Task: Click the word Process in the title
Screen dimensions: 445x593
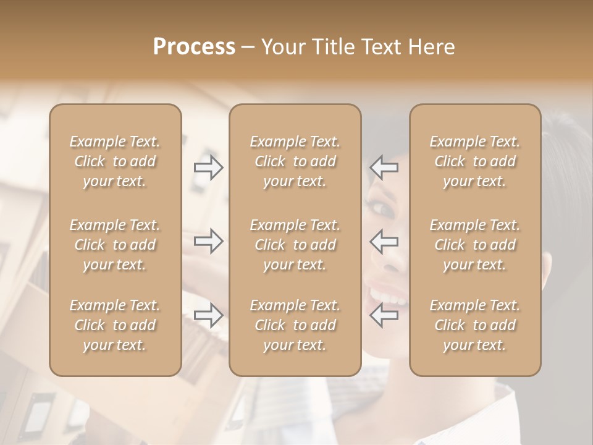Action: coord(194,47)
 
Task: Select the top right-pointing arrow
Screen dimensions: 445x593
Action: coord(209,167)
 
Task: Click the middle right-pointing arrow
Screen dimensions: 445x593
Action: coord(209,241)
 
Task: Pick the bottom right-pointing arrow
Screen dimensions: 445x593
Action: coord(209,315)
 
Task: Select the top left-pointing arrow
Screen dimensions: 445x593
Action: coord(384,167)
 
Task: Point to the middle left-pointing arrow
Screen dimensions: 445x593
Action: coord(384,241)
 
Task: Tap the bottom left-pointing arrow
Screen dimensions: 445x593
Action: coord(384,315)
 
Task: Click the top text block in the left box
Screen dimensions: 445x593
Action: coord(115,161)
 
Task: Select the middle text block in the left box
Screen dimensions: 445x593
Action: coord(115,245)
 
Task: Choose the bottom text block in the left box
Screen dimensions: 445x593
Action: coord(115,325)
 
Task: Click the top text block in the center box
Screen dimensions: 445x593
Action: coord(295,161)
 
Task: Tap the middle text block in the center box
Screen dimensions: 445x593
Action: coord(295,245)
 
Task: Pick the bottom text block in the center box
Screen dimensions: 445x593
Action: coord(295,325)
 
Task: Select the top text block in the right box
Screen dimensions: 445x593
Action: coord(474,161)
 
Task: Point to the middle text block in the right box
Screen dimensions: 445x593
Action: coord(474,245)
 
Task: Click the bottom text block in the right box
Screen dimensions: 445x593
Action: coord(474,325)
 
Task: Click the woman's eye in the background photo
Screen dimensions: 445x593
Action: coord(384,210)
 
